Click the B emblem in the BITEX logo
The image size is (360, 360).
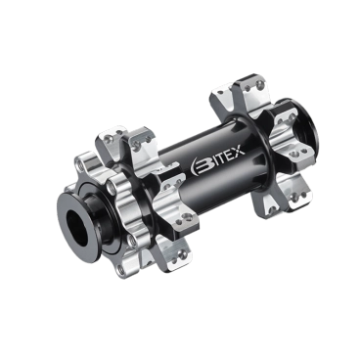(200, 165)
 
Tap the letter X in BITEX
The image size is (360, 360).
(238, 151)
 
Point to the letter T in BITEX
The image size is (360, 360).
(221, 157)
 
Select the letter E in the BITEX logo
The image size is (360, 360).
(229, 154)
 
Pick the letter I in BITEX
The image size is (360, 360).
(213, 160)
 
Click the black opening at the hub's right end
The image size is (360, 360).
(306, 119)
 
